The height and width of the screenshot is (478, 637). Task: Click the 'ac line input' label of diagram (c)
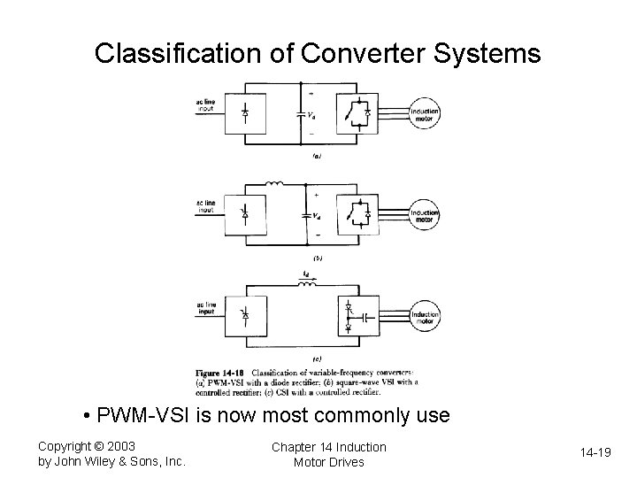click(205, 309)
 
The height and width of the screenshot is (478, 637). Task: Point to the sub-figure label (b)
click(318, 258)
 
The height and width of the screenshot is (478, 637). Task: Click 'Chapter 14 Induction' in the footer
click(328, 446)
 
